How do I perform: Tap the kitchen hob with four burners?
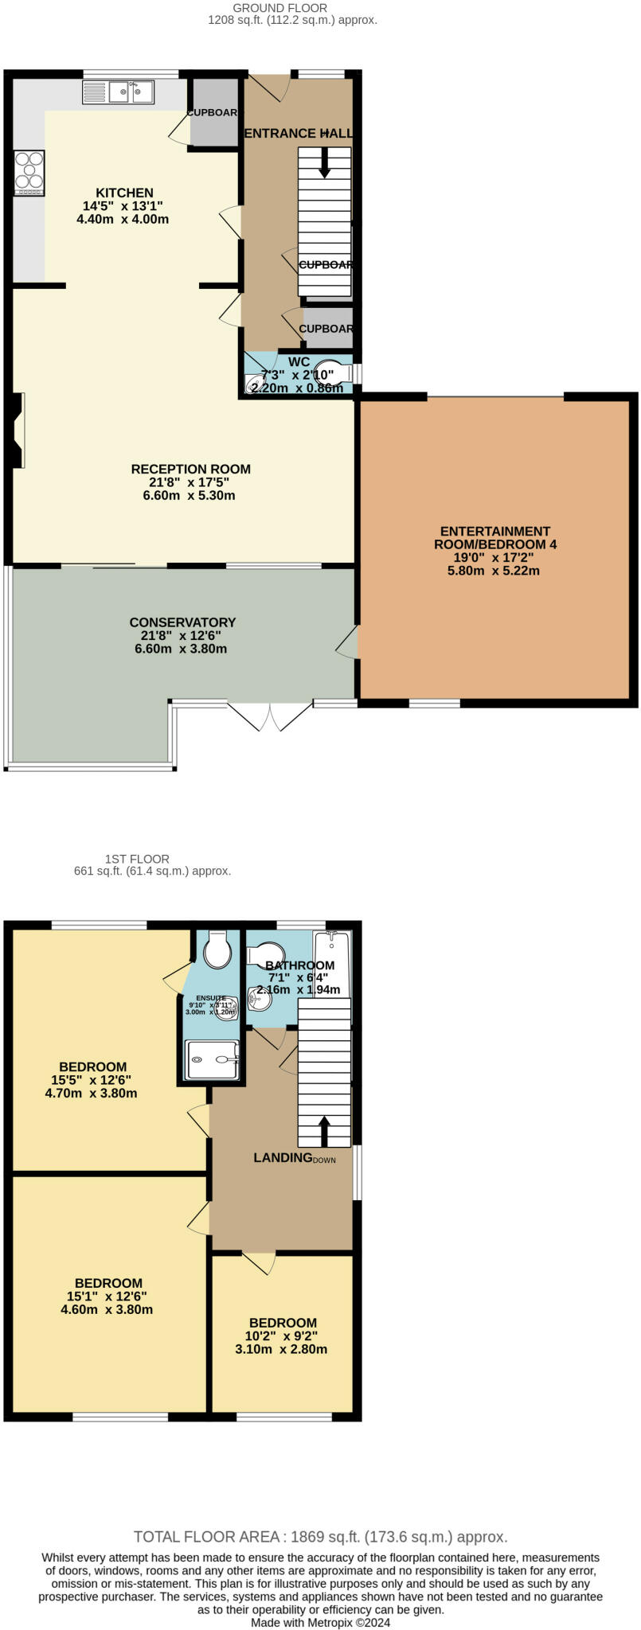[29, 174]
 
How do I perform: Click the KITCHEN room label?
[124, 193]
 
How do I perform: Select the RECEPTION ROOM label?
[191, 469]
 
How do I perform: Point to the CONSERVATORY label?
[182, 622]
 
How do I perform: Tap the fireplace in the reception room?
[18, 430]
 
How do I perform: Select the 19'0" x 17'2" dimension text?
[494, 558]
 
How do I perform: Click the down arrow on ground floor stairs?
[324, 163]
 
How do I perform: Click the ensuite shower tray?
[213, 1059]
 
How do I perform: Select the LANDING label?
[283, 1157]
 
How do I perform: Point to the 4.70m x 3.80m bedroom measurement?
[92, 1094]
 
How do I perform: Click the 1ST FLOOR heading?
[137, 859]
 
